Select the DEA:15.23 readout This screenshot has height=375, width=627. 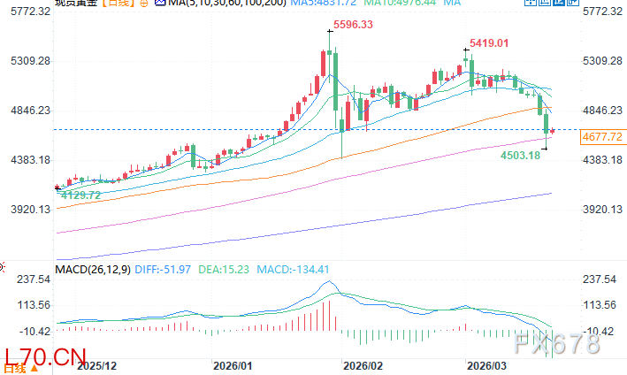point(227,269)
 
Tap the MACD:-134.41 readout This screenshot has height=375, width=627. point(288,269)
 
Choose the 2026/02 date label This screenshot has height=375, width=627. point(363,364)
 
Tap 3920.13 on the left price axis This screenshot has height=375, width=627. point(26,210)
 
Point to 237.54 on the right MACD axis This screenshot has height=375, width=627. point(602,279)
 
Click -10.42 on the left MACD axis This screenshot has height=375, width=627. point(26,332)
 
